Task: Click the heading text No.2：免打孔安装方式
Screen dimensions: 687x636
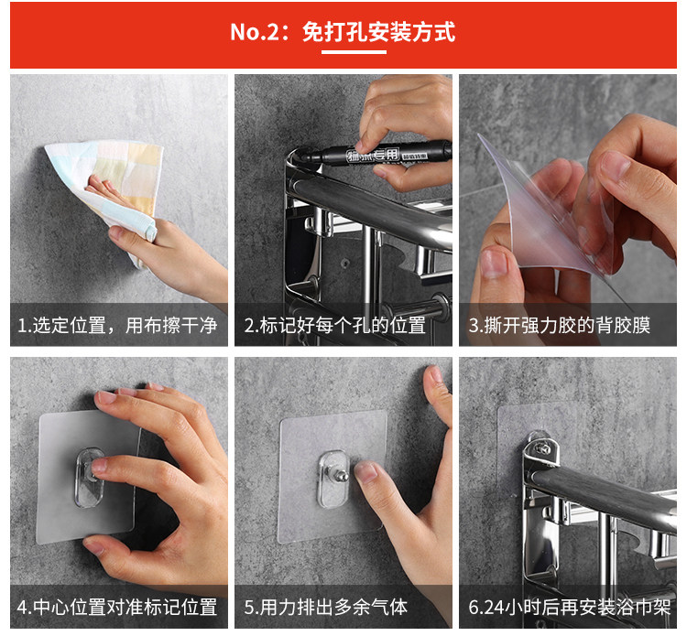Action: click(x=343, y=31)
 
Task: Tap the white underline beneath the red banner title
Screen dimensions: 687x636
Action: click(x=354, y=51)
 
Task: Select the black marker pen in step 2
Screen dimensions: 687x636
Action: click(x=376, y=154)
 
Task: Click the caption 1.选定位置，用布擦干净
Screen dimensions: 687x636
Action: click(x=117, y=325)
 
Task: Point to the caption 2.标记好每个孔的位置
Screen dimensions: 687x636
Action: click(x=334, y=325)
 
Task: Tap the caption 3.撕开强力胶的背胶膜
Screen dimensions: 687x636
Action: click(x=559, y=325)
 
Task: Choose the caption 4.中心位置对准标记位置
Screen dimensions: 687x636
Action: click(x=117, y=607)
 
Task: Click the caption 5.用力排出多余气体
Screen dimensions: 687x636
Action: click(x=325, y=607)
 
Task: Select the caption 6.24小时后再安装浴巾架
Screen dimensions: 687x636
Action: click(x=570, y=607)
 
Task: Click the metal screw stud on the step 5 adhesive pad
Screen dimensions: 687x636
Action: click(x=342, y=474)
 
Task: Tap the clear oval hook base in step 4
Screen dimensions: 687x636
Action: click(x=90, y=478)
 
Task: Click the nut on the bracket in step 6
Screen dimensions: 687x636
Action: click(x=543, y=449)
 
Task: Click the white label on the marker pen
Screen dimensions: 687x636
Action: click(x=373, y=155)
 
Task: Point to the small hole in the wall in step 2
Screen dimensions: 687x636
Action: click(x=345, y=263)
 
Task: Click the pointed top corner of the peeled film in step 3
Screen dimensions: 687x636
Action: click(x=478, y=134)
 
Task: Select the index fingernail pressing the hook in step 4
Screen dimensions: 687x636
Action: click(x=99, y=465)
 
